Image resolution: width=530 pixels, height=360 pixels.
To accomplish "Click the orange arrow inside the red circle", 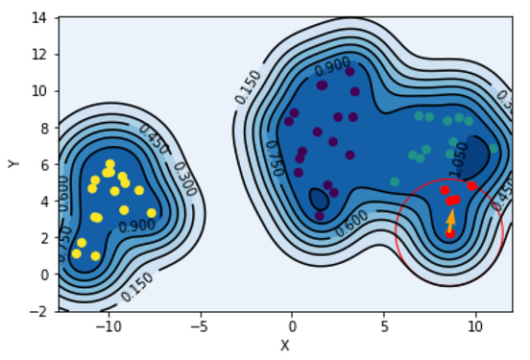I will coord(451,220).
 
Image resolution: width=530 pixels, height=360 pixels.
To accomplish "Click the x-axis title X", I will coord(284,346).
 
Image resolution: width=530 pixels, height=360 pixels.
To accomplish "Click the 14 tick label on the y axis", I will coord(40,17).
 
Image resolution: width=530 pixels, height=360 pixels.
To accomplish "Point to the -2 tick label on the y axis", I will coord(40,311).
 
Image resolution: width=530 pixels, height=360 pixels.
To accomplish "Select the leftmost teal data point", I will coord(395,181).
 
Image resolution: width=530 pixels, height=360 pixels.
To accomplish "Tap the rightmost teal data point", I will coord(494,148).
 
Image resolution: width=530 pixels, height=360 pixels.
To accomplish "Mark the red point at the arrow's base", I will coord(450,232).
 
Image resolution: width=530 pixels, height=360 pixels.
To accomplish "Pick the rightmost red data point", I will coord(471,186).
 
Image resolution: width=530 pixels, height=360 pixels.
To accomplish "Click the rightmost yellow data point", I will coord(151,213).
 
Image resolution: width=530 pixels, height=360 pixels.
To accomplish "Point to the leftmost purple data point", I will coord(289,122).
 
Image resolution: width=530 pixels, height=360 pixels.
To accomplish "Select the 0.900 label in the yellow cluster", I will coord(136,225).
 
